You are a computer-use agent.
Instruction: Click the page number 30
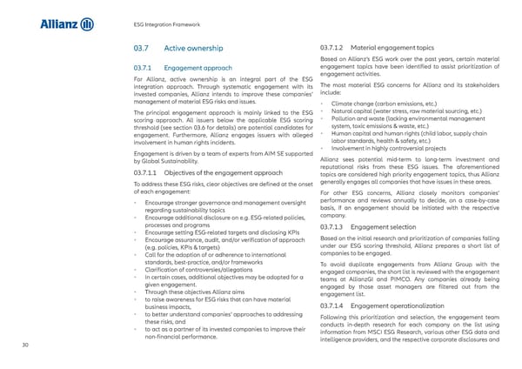tap(30, 345)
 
